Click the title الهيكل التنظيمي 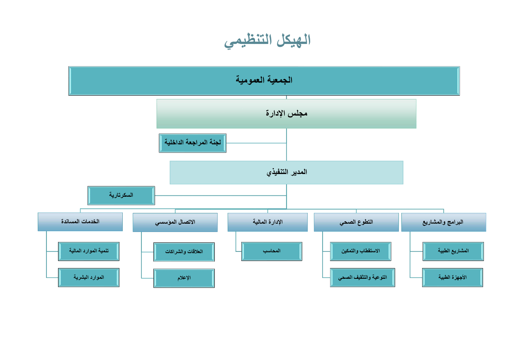pos(267,41)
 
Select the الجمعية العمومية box pos(264,81)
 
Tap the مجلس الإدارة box pos(286,114)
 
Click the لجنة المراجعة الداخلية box pos(192,143)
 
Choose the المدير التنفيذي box pos(286,172)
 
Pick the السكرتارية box pos(121,196)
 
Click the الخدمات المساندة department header pos(80,222)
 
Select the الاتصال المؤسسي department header pos(175,222)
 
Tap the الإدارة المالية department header pos(267,222)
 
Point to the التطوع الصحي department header pos(356,222)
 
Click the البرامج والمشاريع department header pos(444,222)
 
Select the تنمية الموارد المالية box pos(89,251)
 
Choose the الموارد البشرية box pos(89,278)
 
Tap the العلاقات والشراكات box pos(184,252)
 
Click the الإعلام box pos(184,278)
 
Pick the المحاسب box pos(272,251)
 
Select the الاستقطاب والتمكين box pos(360,251)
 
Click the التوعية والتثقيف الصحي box pos(362,278)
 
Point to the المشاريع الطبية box pos(453,251)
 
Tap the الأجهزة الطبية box pos(452,278)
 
